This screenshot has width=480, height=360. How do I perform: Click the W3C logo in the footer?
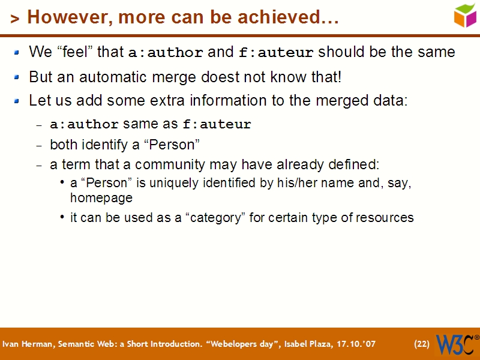click(457, 344)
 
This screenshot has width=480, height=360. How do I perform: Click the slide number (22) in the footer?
click(422, 344)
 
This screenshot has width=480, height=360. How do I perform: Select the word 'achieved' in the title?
click(290, 18)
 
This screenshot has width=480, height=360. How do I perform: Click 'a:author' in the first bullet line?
click(166, 53)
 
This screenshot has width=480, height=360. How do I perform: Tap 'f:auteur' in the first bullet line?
click(276, 53)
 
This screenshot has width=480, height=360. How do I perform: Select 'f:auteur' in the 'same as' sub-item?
click(217, 125)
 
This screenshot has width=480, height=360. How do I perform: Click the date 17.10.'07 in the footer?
click(356, 344)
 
